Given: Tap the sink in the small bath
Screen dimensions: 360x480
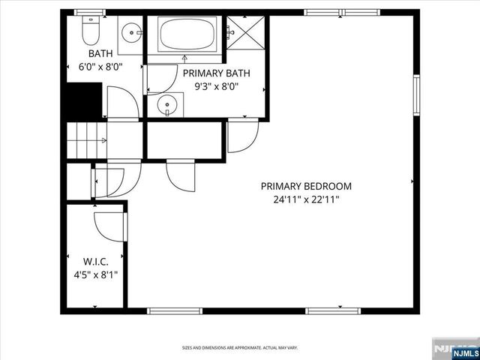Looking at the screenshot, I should [x=130, y=32].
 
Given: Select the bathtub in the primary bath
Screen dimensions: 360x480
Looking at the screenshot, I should [x=187, y=34].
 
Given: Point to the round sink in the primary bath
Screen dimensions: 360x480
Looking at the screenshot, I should [x=168, y=104].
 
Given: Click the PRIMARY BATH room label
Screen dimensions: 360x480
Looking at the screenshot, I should [x=217, y=73].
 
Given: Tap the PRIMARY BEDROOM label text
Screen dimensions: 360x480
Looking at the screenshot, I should [x=306, y=186].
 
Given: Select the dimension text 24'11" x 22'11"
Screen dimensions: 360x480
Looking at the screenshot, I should [x=306, y=200].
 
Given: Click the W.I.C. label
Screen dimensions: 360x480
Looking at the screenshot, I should [x=96, y=261].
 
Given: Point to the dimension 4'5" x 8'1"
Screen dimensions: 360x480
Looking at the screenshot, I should [x=96, y=274].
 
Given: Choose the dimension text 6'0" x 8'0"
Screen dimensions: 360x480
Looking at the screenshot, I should [x=100, y=67].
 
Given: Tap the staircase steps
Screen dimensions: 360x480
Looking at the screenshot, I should [x=86, y=140].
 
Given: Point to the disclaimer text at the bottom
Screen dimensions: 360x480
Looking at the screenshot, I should [x=240, y=348].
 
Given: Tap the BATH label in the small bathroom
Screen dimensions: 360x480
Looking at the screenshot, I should [x=100, y=54].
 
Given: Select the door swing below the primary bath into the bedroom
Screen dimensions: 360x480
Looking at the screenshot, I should [x=242, y=136].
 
